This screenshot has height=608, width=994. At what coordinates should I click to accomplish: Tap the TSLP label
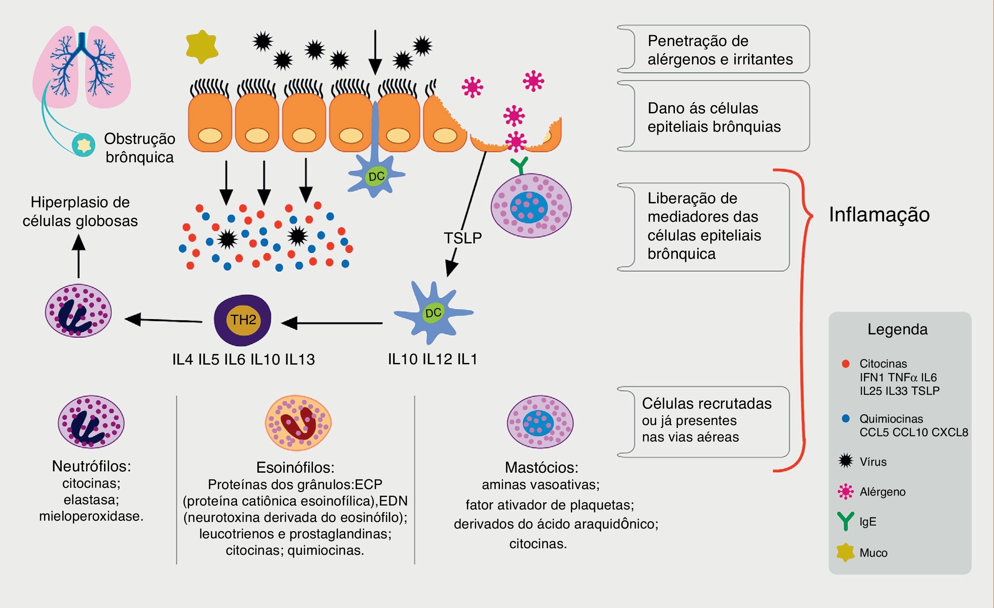(x=463, y=238)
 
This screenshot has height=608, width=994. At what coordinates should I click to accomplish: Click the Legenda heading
(x=897, y=329)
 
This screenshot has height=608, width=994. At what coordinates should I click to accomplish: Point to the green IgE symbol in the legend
(x=845, y=521)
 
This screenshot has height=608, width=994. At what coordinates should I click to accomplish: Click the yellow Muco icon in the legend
(x=845, y=552)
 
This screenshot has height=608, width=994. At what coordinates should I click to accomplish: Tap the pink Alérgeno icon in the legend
(x=846, y=491)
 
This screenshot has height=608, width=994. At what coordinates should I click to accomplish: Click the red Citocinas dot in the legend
(x=846, y=364)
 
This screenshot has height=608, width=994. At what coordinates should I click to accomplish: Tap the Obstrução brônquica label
(x=140, y=148)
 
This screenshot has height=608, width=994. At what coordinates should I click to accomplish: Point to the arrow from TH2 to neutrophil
(x=163, y=320)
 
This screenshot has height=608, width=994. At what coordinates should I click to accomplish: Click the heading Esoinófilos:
(x=295, y=467)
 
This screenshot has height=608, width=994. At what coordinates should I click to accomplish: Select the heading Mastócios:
(x=541, y=467)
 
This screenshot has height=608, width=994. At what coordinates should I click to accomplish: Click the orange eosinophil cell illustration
(x=298, y=423)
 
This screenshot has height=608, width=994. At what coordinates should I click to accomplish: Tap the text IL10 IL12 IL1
(x=432, y=359)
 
